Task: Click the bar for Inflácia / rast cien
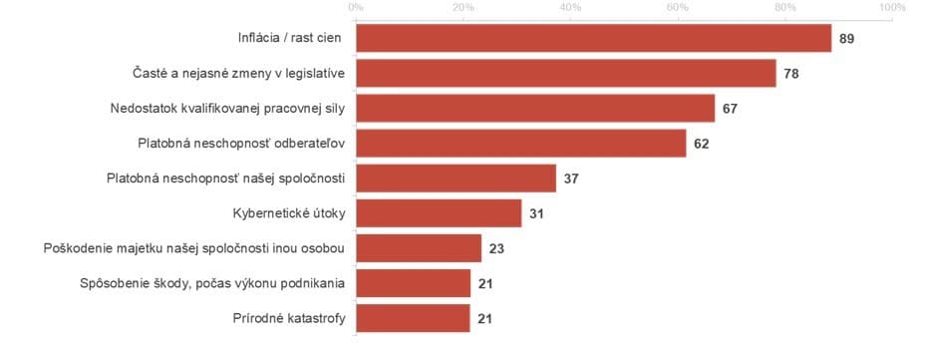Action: (593, 38)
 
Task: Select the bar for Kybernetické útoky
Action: (439, 213)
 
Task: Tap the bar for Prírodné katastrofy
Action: (413, 318)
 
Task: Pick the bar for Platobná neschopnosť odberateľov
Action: (520, 144)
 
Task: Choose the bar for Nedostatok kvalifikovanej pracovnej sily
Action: (535, 108)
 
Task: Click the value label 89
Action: (848, 38)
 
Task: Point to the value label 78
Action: (791, 73)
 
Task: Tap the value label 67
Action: (730, 108)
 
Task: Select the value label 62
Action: (702, 144)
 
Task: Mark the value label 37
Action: (571, 179)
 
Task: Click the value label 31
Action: (536, 213)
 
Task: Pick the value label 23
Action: (496, 248)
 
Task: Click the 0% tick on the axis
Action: (355, 8)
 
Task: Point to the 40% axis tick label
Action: (570, 8)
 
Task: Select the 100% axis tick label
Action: (891, 8)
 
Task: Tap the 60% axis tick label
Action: (678, 8)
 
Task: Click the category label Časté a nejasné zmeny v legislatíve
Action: (239, 73)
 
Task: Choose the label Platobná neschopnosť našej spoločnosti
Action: (226, 179)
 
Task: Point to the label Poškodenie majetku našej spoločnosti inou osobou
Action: (195, 248)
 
